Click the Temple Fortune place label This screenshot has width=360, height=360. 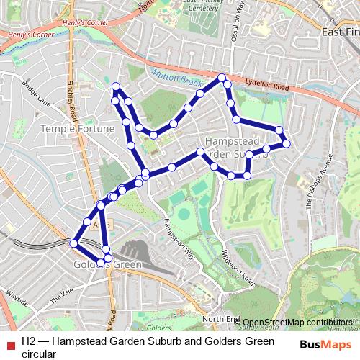78,128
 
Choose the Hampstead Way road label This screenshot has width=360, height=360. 179,237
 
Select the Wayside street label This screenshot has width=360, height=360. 16,295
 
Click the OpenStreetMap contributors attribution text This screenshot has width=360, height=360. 297,322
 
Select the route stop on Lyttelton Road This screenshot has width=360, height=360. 222,77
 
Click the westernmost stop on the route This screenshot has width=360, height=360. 73,243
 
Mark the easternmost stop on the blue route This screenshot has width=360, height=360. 287,143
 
